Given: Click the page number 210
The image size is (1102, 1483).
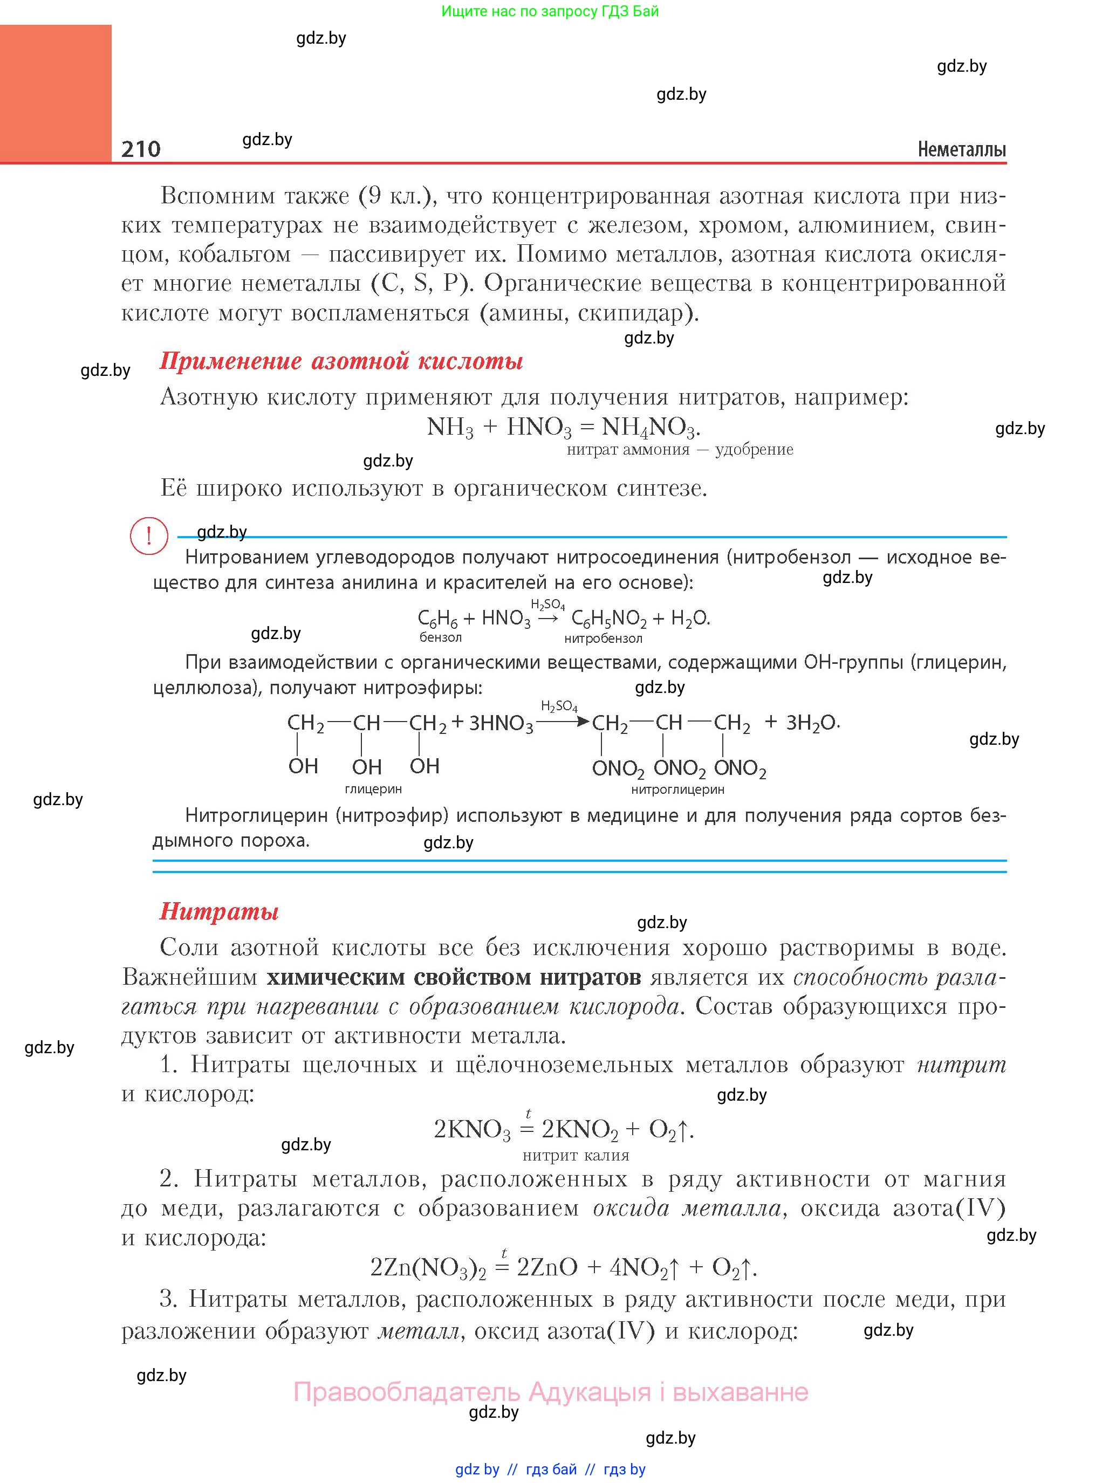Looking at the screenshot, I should (x=141, y=149).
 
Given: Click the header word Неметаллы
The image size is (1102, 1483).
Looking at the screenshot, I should (x=961, y=149).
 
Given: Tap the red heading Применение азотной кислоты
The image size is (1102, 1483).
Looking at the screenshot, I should (x=341, y=361).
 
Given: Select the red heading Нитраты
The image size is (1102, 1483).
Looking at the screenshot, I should (x=219, y=911).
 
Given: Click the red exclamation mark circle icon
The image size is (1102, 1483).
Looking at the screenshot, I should (x=149, y=535).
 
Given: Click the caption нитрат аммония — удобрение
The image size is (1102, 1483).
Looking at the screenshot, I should (x=680, y=449).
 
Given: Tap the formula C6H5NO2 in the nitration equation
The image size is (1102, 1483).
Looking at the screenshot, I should (x=608, y=619).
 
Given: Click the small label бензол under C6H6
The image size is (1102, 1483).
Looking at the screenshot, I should (x=440, y=637).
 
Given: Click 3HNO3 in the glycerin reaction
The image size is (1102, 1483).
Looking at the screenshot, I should (x=501, y=724).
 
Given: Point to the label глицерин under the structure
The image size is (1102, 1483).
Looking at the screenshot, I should (x=373, y=789).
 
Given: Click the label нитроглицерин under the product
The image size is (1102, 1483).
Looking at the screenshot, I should (x=677, y=790).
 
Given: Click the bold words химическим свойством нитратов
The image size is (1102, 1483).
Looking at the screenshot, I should (x=454, y=978).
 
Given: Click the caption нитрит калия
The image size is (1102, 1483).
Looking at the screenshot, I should (x=576, y=1156).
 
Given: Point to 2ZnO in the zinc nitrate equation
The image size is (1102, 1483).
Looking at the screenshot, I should (x=546, y=1267).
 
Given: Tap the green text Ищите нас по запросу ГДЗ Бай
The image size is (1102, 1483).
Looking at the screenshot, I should (x=550, y=11).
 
